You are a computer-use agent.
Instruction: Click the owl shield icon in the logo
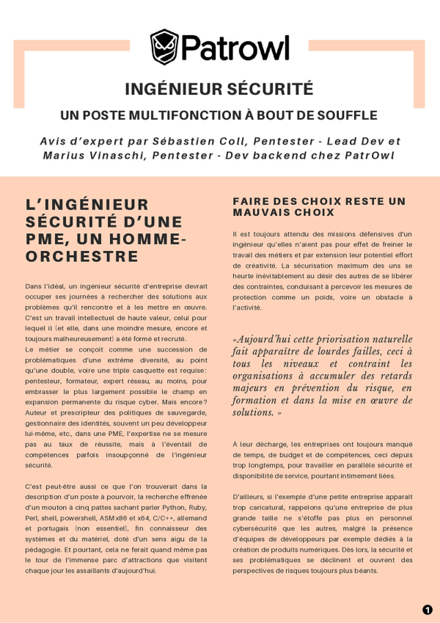tap(165, 47)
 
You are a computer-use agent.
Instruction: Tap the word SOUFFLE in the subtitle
tap(348, 115)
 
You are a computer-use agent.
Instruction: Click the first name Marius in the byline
tap(65, 155)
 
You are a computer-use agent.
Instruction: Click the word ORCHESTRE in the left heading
tap(81, 256)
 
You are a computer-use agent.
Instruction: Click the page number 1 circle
tap(428, 610)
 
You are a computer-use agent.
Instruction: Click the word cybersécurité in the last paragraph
tap(259, 528)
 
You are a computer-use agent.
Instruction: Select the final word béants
tap(364, 570)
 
